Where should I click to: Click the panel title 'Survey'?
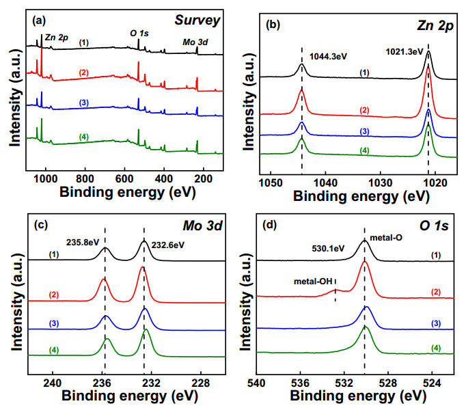point(197,21)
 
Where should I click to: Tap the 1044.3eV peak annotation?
point(328,56)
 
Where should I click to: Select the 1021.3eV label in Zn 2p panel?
point(405,52)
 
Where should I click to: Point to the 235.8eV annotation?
point(83,243)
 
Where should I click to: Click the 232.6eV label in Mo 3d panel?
point(168,245)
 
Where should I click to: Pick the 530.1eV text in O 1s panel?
point(328,248)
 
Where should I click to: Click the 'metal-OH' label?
point(313,281)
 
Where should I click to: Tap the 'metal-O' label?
point(386,237)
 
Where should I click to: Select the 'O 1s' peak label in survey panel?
point(139,33)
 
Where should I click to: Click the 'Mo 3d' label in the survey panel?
point(195,42)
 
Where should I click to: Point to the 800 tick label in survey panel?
point(85,179)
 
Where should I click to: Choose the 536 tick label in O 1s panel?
point(300,383)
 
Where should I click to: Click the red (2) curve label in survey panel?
point(84,72)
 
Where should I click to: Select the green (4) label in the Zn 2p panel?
point(364,150)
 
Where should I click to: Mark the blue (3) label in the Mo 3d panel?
point(54,323)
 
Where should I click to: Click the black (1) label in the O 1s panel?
point(436,255)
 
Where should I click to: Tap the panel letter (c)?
point(41,225)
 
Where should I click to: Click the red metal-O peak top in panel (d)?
point(365,262)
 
